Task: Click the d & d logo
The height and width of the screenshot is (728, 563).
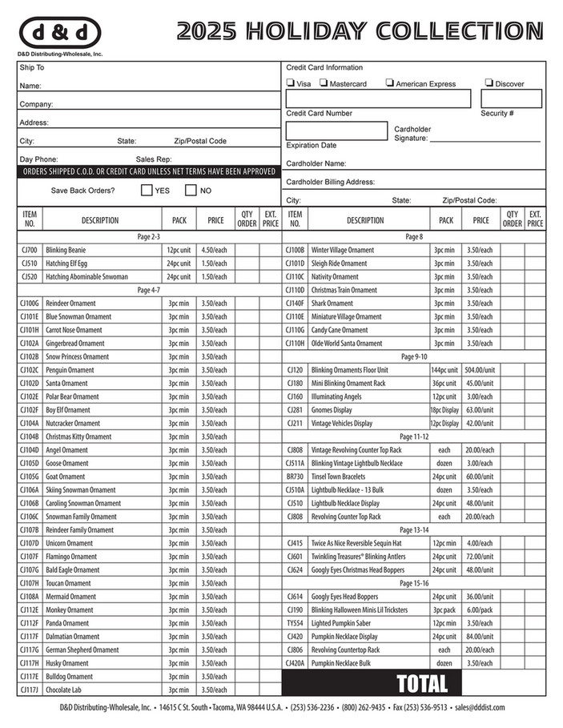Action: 60,33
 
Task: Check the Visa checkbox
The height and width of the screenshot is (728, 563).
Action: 290,83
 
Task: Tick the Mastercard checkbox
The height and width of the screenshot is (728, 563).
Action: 324,83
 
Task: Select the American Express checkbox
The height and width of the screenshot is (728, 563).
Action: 389,83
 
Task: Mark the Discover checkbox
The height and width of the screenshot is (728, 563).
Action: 489,83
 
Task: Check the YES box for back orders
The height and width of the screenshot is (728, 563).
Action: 147,191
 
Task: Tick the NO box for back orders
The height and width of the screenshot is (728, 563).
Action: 191,191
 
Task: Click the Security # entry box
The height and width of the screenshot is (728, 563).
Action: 511,99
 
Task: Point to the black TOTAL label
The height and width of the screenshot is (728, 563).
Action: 422,683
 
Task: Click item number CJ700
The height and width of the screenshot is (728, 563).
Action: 30,250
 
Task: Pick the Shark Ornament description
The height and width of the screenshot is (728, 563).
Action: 332,304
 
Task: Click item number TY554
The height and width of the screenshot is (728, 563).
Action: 295,623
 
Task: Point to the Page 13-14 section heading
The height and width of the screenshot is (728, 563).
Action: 414,530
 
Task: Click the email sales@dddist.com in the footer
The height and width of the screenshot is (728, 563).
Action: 478,708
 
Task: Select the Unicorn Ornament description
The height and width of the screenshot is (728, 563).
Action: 69,543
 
